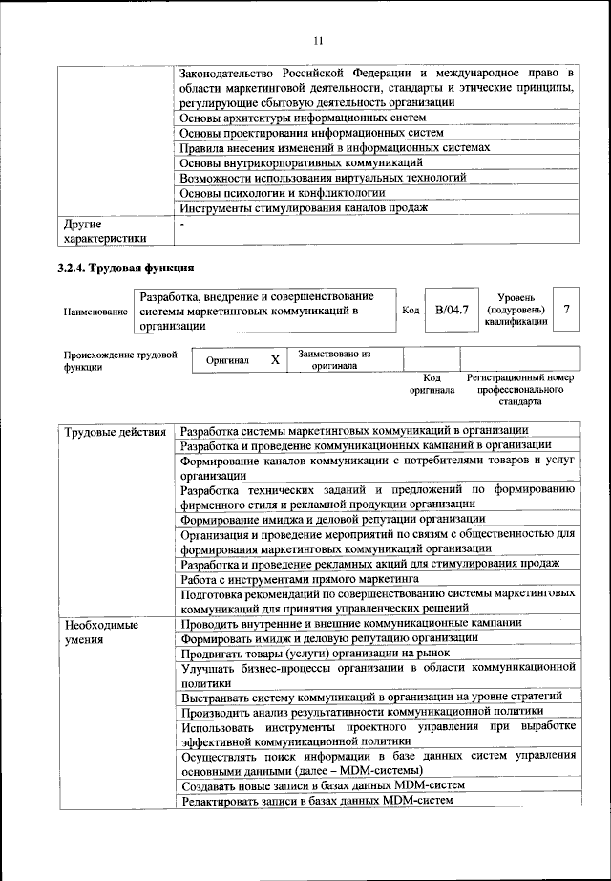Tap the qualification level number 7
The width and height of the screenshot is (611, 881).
pyautogui.click(x=567, y=310)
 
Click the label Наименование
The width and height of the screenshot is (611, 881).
pyautogui.click(x=95, y=312)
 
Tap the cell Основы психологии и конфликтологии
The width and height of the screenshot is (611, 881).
pyautogui.click(x=289, y=193)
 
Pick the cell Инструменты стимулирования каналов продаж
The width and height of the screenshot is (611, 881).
pyautogui.click(x=304, y=208)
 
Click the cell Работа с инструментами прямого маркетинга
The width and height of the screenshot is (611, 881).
pyautogui.click(x=300, y=578)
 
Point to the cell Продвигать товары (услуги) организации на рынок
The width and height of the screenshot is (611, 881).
pyautogui.click(x=322, y=654)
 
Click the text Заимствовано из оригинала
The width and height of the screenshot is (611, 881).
pyautogui.click(x=333, y=359)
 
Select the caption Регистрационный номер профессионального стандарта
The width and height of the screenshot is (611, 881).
pyautogui.click(x=520, y=390)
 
